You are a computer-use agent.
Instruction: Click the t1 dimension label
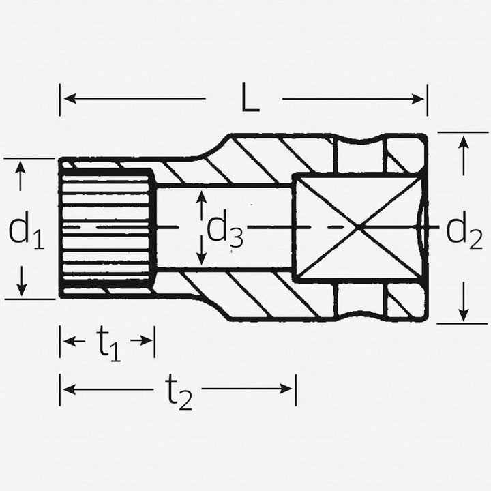[107, 342]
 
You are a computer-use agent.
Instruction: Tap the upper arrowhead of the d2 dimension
[464, 142]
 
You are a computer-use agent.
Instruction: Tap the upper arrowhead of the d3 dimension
[200, 196]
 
